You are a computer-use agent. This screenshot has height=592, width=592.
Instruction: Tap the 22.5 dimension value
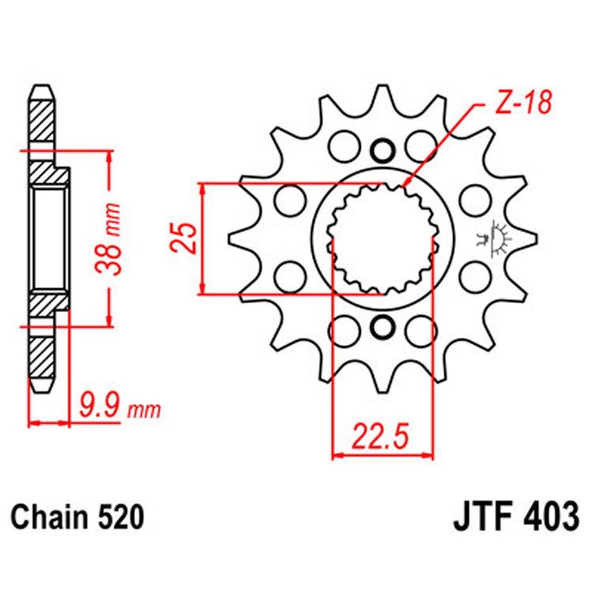coord(383,436)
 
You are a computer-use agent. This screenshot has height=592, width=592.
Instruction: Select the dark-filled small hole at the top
coord(383,151)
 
